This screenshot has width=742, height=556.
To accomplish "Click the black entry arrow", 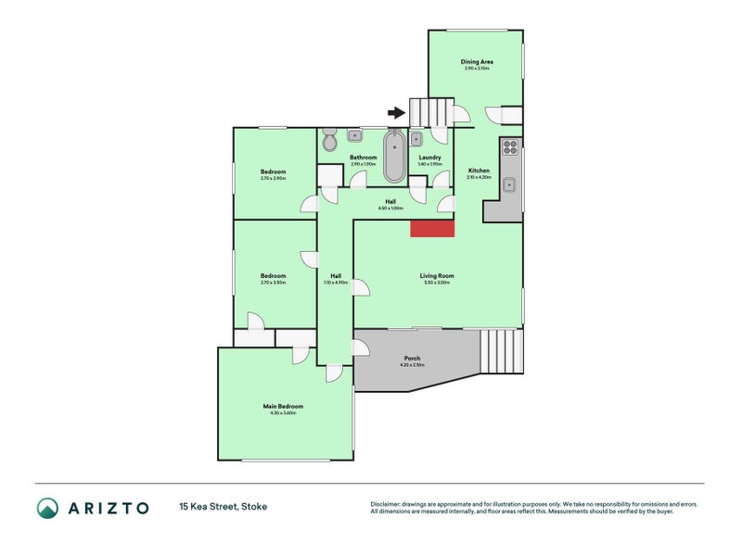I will coord(396,113).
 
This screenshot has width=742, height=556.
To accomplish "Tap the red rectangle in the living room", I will coord(432,228).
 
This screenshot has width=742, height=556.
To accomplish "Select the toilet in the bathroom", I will coord(329,141).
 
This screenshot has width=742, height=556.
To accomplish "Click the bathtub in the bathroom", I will coord(394,157).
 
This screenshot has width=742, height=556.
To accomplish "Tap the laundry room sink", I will coord(416,140).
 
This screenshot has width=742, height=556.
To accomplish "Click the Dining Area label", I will coord(477,62).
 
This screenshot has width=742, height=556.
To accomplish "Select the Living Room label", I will coord(436,276).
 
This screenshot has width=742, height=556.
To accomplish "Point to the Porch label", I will coord(412,359).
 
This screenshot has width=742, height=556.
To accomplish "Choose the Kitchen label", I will coord(479,171).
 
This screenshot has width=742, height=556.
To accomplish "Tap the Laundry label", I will coord(429,158).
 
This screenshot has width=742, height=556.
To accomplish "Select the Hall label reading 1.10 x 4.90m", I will coord(335,276).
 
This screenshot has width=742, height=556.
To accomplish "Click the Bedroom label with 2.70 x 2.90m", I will coord(273,172).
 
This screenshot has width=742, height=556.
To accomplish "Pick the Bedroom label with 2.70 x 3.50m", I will coord(273,276).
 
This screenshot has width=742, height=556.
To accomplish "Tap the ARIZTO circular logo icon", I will coord(47,508).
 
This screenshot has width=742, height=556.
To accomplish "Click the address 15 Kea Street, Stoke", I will coord(223,508).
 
